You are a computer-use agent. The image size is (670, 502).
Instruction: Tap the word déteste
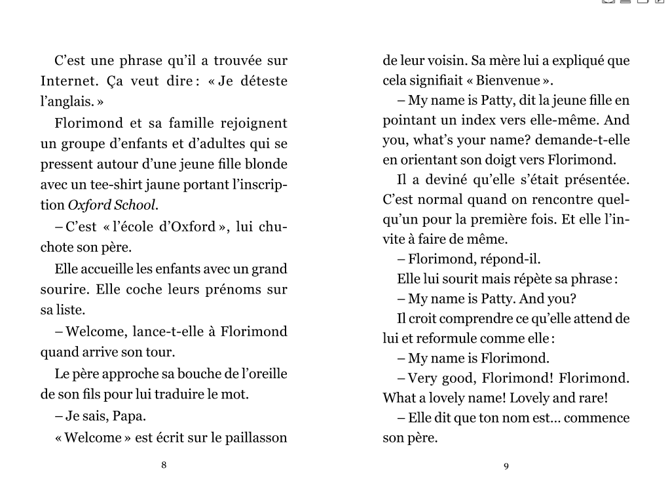pyautogui.click(x=261, y=82)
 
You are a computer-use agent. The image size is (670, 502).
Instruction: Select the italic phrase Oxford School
pyautogui.click(x=113, y=204)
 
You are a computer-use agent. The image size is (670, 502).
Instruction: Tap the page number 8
pyautogui.click(x=164, y=465)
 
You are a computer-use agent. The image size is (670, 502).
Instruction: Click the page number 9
pyautogui.click(x=506, y=466)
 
